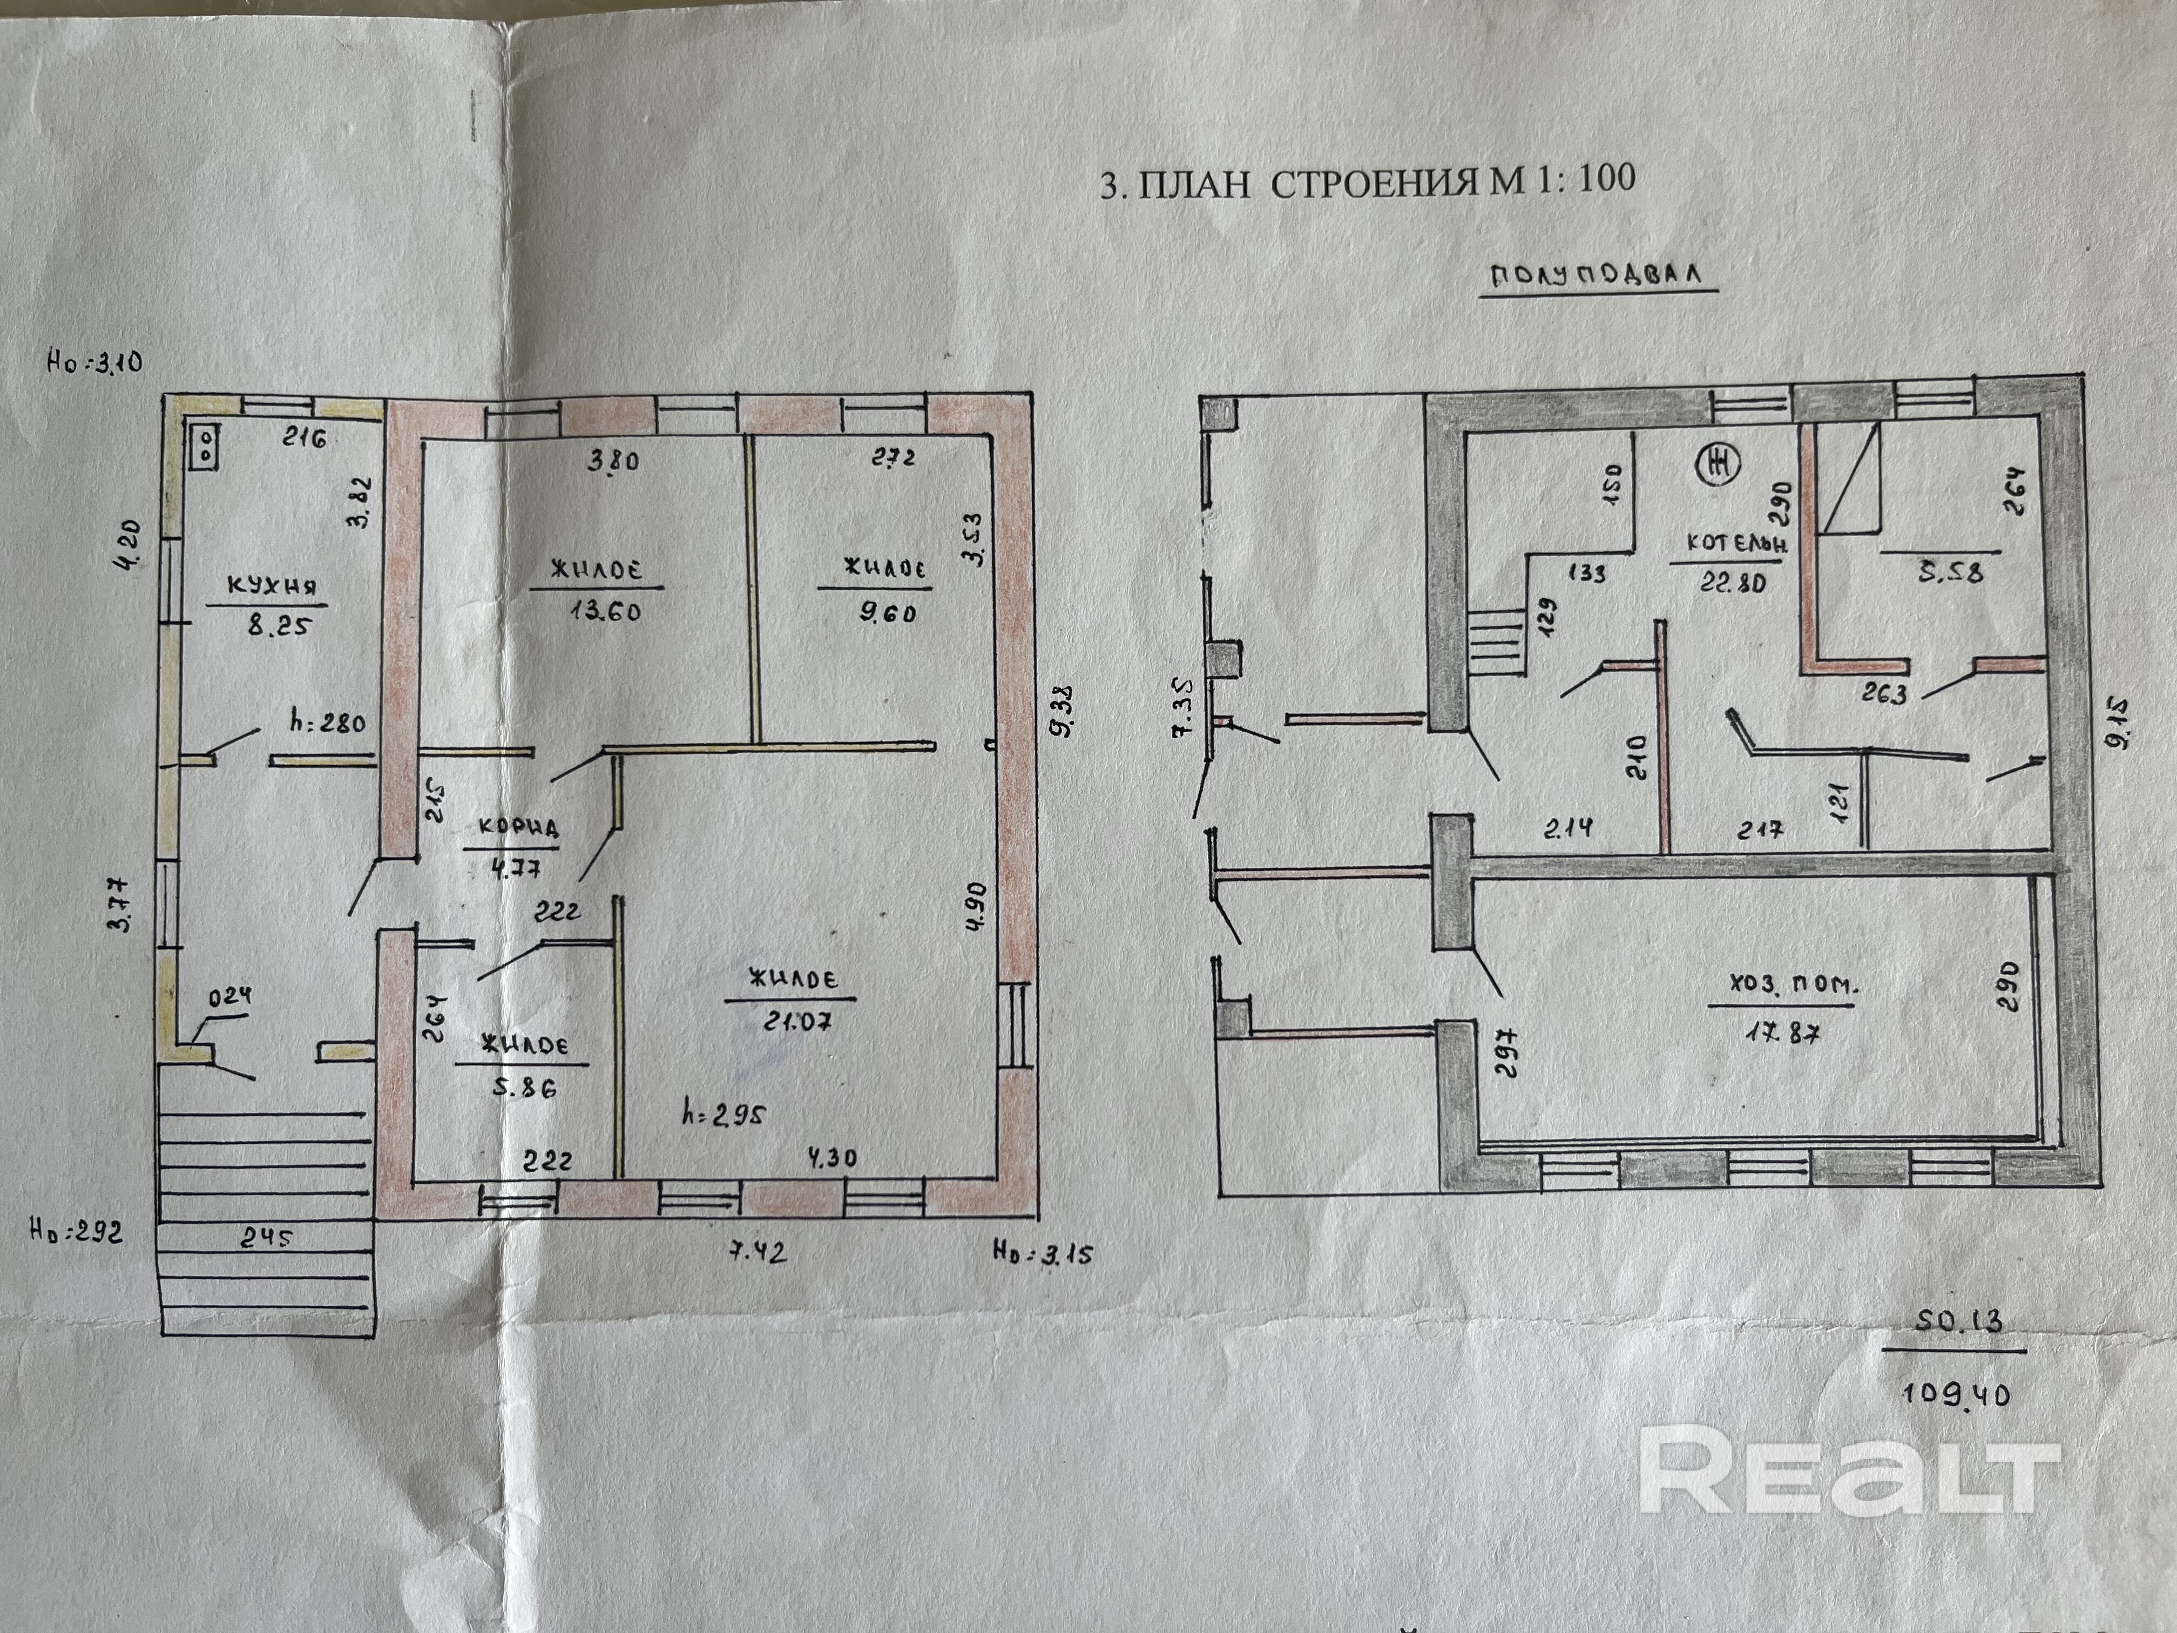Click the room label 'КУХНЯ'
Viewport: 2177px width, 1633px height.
272,586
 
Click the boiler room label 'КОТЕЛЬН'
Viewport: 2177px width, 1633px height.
1736,542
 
